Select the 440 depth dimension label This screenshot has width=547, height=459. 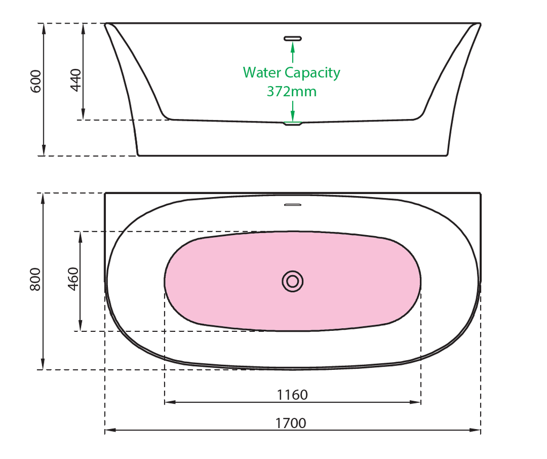point(76,80)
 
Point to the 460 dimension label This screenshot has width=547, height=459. point(73,278)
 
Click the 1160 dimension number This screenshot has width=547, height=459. point(292,395)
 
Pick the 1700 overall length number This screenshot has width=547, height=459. point(291,423)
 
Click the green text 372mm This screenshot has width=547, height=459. point(292,91)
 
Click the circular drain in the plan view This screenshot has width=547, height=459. point(293,281)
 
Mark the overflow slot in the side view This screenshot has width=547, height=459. point(293,38)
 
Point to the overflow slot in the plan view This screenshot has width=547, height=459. point(293,205)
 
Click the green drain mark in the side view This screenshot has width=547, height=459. point(293,123)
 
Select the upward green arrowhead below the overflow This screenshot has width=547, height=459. point(293,46)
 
